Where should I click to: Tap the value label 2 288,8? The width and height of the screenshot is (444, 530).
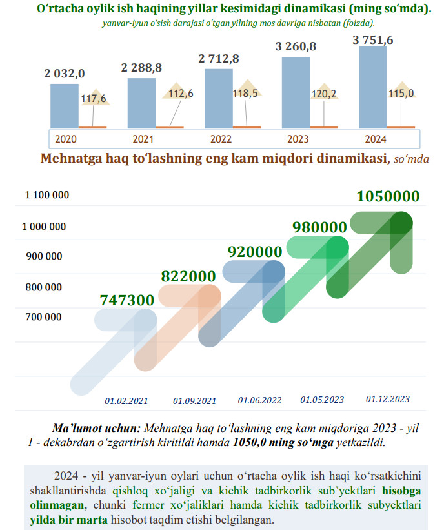click(x=141, y=67)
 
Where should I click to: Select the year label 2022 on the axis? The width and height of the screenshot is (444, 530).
click(x=221, y=139)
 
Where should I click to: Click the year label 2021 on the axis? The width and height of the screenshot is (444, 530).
click(x=143, y=139)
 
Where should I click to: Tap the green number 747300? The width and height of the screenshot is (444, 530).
click(x=127, y=300)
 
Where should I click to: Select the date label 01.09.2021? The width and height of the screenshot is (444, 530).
click(x=194, y=401)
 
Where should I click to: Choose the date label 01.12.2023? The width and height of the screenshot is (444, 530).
click(x=387, y=400)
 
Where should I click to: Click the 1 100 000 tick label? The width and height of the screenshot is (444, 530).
click(x=47, y=195)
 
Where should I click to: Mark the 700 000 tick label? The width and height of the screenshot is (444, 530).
click(x=44, y=317)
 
